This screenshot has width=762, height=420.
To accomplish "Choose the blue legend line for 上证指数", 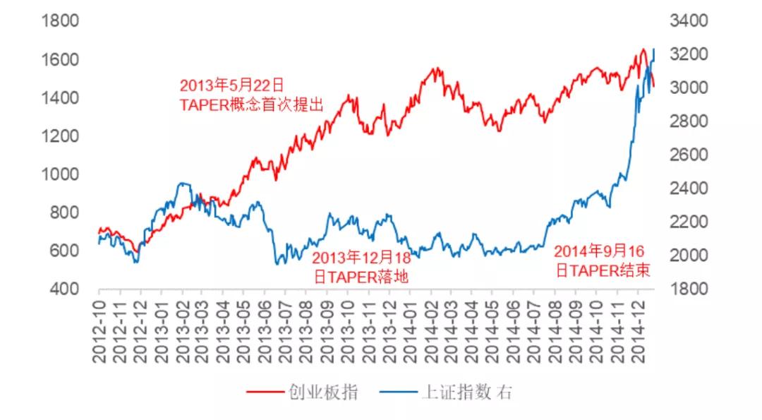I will [397, 392].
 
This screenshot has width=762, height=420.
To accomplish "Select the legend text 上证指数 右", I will [466, 392].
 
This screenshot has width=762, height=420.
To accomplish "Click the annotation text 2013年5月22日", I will [231, 85].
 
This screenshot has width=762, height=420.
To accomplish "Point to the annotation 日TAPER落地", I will [361, 276].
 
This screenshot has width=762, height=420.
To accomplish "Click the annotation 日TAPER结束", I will [603, 270].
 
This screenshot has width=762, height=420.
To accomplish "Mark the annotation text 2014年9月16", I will [600, 251].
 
